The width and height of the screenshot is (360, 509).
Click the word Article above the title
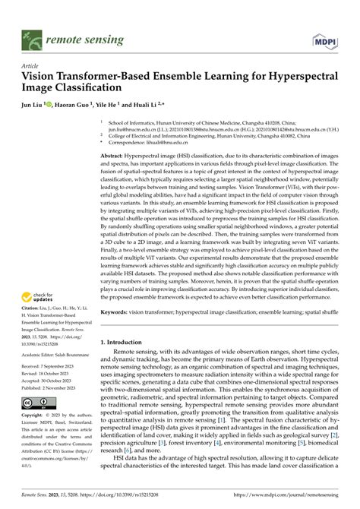tap(31, 66)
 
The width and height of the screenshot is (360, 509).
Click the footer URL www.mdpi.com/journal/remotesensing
tap(292, 494)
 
